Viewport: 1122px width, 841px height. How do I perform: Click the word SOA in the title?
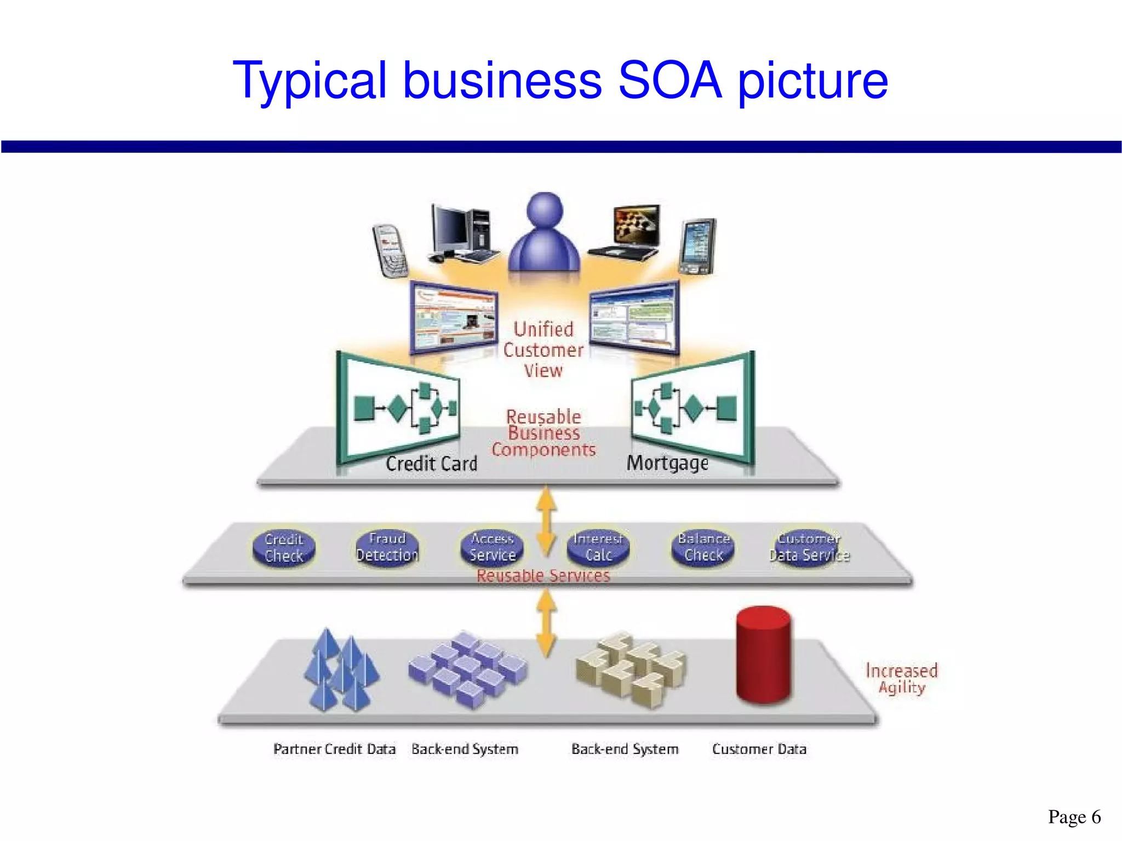click(669, 81)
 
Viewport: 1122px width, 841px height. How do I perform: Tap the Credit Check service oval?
click(284, 548)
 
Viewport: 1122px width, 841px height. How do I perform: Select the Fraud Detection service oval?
click(387, 547)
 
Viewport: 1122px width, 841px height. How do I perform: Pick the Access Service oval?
click(492, 547)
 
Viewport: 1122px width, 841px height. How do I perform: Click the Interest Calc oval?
click(598, 547)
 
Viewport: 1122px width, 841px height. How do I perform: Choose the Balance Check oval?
click(703, 547)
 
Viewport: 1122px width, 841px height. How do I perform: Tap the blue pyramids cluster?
click(341, 671)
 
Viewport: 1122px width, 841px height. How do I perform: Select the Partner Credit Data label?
click(334, 749)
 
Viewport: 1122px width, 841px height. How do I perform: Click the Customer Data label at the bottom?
click(759, 749)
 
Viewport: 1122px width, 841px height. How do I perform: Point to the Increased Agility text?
click(901, 679)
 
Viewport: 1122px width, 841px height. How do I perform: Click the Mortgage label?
click(667, 463)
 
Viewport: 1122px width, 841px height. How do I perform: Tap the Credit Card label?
click(431, 464)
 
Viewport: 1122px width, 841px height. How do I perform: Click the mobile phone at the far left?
click(390, 250)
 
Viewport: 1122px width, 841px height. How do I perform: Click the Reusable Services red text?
click(543, 576)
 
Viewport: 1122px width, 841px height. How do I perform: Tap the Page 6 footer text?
click(1074, 817)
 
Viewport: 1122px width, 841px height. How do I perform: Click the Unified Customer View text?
click(543, 350)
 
